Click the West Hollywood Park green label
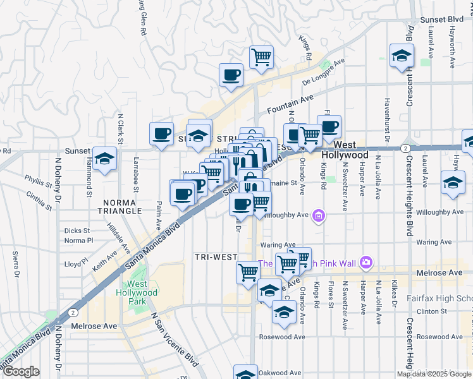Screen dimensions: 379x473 (137, 292)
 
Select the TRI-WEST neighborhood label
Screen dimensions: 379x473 (216, 257)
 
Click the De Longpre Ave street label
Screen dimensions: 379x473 (323, 73)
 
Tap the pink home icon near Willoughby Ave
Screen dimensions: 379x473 (319, 217)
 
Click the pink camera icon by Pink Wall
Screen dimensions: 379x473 (365, 262)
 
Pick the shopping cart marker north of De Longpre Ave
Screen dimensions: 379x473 (261, 57)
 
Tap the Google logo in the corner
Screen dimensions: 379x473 (20, 371)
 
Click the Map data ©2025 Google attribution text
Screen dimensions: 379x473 (434, 374)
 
